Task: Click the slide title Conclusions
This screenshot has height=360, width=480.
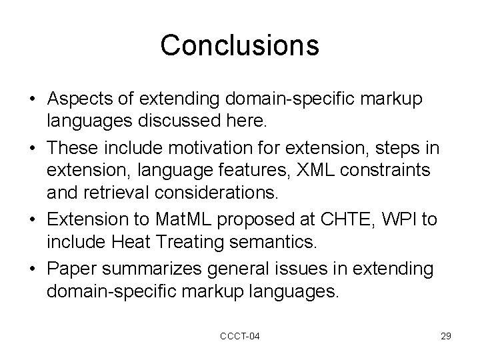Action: pyautogui.click(x=240, y=45)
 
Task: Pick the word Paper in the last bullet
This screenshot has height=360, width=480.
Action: pyautogui.click(x=75, y=270)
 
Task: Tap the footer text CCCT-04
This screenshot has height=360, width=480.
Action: pyautogui.click(x=240, y=337)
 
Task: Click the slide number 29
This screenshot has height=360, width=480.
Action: pyautogui.click(x=445, y=337)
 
